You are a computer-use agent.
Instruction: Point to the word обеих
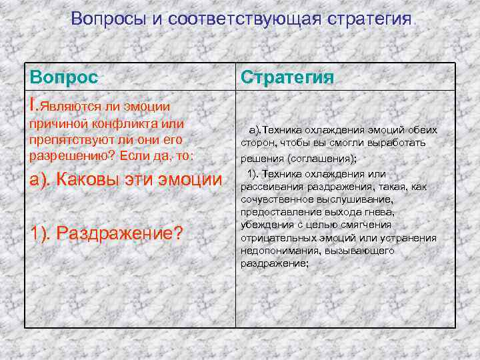(420, 130)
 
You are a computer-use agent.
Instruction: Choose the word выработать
(401, 143)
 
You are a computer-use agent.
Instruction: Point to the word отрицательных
(275, 238)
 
